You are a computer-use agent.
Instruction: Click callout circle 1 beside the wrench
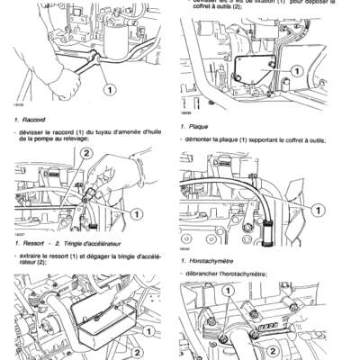(x=109, y=90)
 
